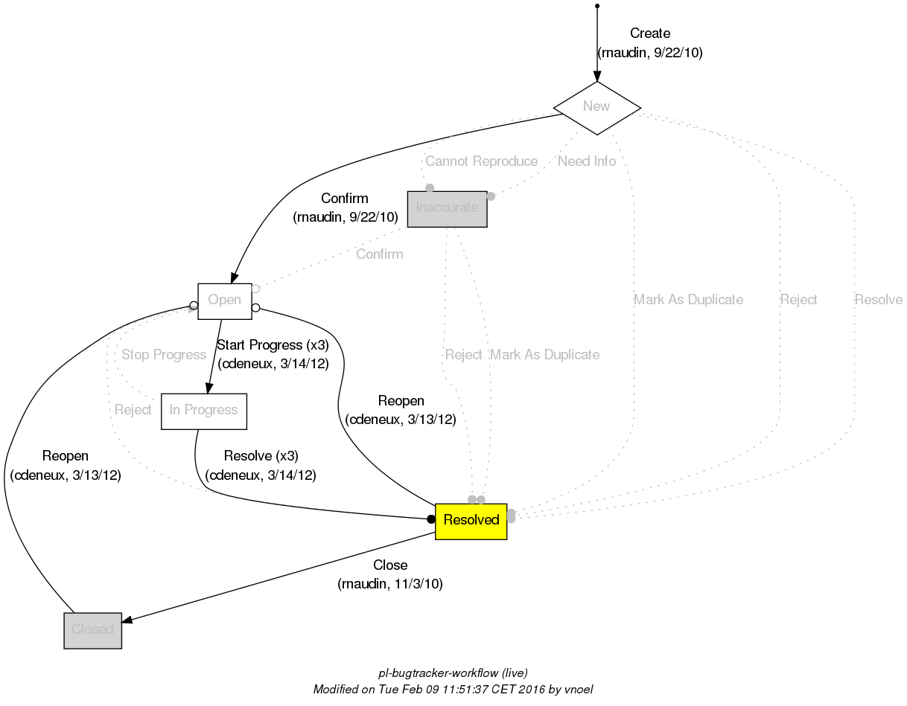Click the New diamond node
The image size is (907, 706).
(x=596, y=107)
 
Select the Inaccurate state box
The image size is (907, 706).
(x=447, y=208)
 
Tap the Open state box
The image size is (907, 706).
(x=224, y=301)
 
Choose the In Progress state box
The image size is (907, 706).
(x=203, y=411)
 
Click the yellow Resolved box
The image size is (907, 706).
(x=471, y=521)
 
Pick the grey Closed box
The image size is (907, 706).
(x=92, y=629)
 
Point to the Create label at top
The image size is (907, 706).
(x=649, y=33)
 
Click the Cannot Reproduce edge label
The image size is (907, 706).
(x=481, y=161)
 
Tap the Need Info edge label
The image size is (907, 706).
(x=587, y=161)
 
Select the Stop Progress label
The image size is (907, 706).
(x=163, y=355)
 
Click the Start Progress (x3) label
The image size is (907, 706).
(x=272, y=345)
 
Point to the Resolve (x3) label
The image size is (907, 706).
(x=261, y=456)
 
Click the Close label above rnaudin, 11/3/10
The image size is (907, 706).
(x=390, y=565)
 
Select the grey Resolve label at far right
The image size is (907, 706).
(x=878, y=300)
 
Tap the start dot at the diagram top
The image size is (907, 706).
(x=596, y=7)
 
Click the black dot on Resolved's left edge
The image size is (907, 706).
(x=430, y=519)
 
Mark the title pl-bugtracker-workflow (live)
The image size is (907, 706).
(x=453, y=673)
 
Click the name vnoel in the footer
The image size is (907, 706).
(x=577, y=690)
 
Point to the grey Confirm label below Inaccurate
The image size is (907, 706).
(x=379, y=254)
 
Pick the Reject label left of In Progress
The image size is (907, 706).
(x=133, y=410)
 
